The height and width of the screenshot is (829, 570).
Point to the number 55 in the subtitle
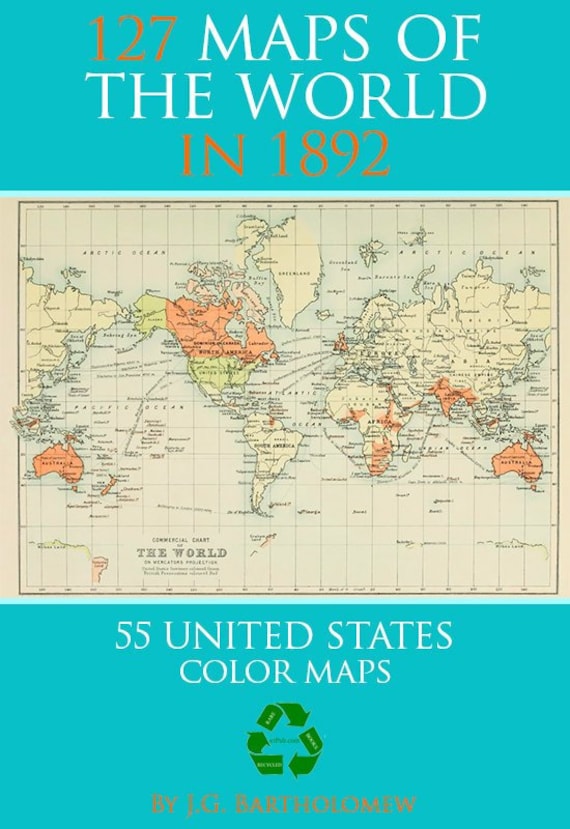click(x=139, y=635)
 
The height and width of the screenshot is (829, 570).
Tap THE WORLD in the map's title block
click(x=181, y=552)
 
